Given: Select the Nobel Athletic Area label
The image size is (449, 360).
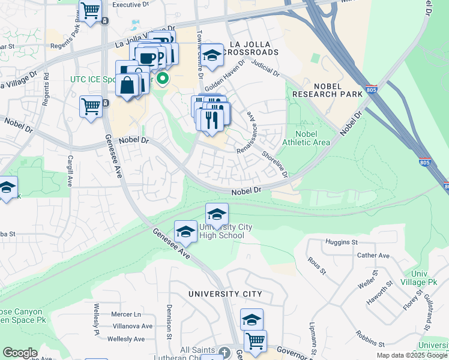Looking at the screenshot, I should coord(313,137).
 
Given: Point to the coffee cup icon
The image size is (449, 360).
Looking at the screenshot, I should coord(146,58).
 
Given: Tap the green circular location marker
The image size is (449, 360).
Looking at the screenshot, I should coord(162,78).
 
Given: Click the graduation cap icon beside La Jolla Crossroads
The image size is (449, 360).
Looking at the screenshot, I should coord(211,55).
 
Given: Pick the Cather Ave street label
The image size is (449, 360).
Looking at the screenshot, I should coord(373,255).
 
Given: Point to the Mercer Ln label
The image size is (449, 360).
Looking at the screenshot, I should coord(125,314).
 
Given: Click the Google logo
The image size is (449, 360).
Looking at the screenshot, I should coord(20,353).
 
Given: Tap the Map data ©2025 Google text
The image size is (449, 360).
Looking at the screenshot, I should coord(412,355).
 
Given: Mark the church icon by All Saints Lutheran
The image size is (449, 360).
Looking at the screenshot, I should coord(224,352).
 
